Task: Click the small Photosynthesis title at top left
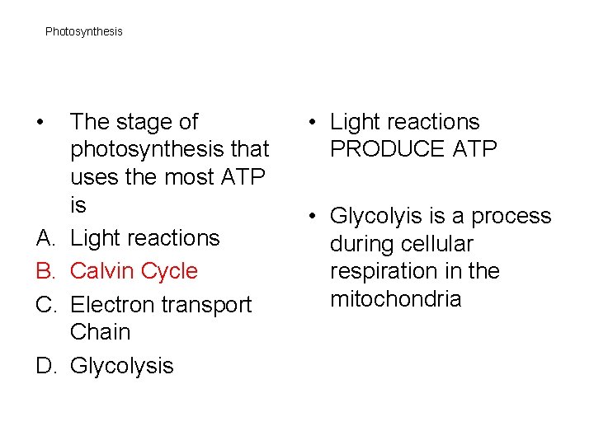(x=83, y=31)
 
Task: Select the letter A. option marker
(x=46, y=238)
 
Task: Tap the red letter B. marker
(x=46, y=271)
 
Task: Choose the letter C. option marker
(x=46, y=305)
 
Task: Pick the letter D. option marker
(x=46, y=365)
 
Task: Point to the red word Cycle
(x=170, y=271)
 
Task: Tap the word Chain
(x=101, y=332)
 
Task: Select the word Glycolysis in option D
(x=122, y=365)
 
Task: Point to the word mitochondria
(x=395, y=298)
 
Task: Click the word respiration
(x=385, y=271)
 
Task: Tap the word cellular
(x=441, y=244)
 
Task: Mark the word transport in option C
(x=207, y=305)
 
